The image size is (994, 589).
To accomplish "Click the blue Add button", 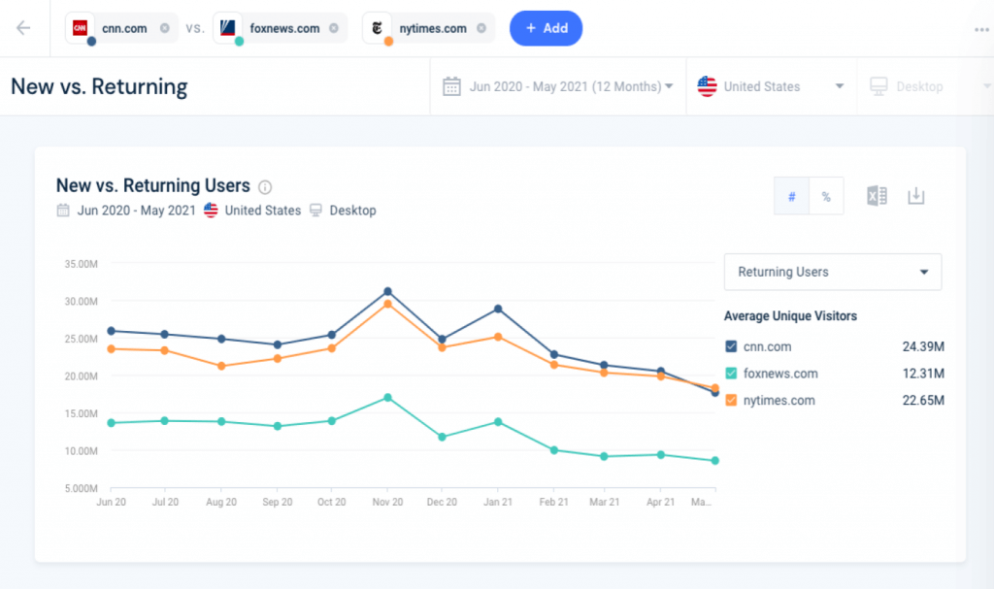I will coord(546,28).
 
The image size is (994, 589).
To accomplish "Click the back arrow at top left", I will coord(23,28).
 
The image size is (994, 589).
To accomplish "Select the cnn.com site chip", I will coord(122,28).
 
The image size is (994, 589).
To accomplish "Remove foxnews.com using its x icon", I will coord(334,28).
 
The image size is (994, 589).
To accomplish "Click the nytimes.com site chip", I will coord(433,28).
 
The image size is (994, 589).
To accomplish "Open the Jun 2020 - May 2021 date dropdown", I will coord(558,86).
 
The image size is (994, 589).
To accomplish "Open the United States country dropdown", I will coord(771,86).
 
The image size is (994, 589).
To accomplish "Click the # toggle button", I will coord(791,196).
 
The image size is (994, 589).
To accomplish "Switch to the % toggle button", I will coord(826,196).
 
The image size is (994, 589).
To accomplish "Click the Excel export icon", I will coord(877,196).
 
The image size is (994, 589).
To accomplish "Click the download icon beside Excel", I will coord(915,196).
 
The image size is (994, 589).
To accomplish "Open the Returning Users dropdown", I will coord(832,272).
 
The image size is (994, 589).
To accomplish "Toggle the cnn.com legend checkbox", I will coord(731,346).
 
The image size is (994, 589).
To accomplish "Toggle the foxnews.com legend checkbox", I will coord(731,374).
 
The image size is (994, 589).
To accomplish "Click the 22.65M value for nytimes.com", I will coord(923,400).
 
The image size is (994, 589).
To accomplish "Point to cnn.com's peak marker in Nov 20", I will coord(387,291).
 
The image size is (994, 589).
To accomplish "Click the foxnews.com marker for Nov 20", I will coord(387,397).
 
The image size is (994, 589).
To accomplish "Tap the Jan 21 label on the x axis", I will coord(497,503).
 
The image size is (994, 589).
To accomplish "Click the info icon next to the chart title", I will coord(265,186).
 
